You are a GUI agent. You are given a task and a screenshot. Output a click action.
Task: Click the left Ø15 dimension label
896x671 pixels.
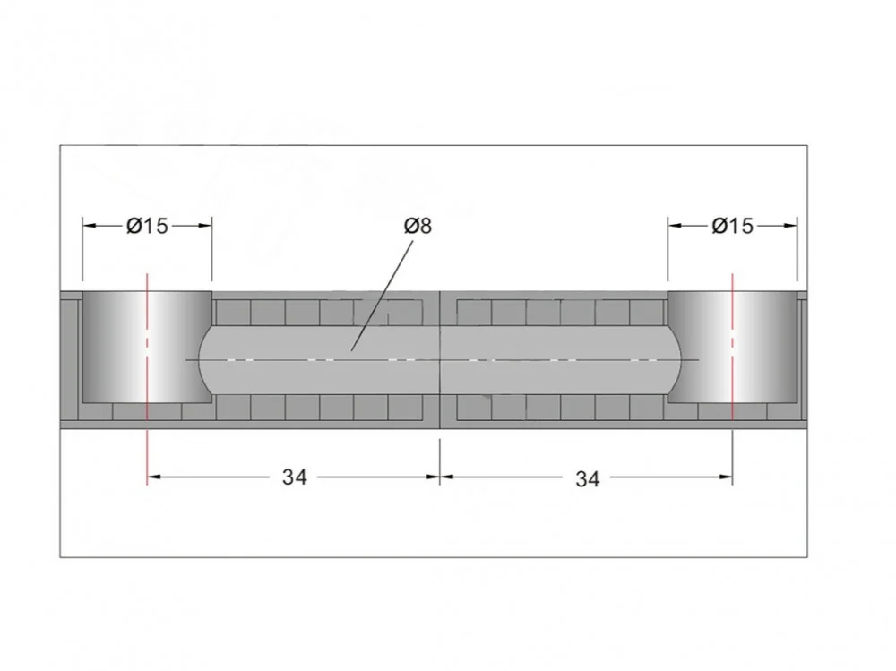pyautogui.click(x=148, y=227)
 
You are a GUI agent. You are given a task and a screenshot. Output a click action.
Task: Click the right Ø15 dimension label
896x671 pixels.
pyautogui.click(x=733, y=227)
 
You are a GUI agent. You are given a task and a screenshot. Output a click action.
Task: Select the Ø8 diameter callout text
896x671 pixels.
pyautogui.click(x=418, y=227)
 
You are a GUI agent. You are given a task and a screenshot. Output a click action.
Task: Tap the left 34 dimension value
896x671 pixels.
pyautogui.click(x=294, y=477)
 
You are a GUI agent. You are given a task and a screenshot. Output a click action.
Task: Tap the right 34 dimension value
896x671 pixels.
pyautogui.click(x=588, y=479)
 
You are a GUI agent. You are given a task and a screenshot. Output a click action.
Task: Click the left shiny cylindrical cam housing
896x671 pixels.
pyautogui.click(x=148, y=347)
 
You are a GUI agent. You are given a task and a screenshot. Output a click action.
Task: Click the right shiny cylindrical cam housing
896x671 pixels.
pyautogui.click(x=733, y=347)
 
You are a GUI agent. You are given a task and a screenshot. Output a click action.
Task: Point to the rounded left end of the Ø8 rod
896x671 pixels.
pyautogui.click(x=200, y=360)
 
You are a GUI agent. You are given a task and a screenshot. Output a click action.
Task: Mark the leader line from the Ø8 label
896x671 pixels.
pyautogui.click(x=382, y=296)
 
